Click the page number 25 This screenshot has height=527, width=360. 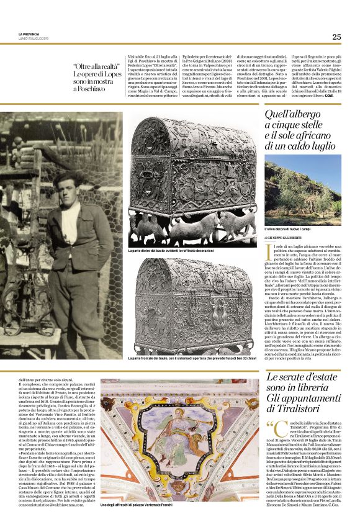(336, 37)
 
